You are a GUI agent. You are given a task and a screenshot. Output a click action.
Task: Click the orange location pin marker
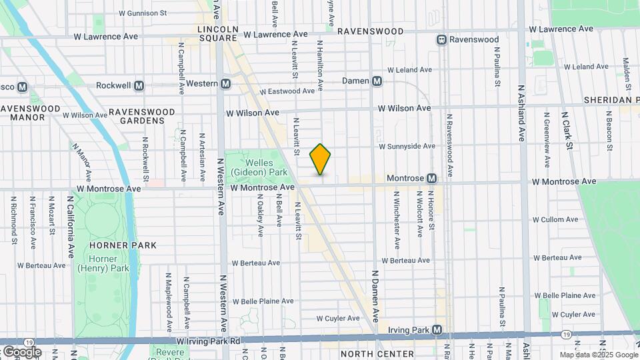(320, 159)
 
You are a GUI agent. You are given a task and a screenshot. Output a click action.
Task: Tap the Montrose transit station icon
(432, 179)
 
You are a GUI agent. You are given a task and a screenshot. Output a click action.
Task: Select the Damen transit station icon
(377, 81)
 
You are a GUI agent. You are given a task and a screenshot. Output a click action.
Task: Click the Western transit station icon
(226, 83)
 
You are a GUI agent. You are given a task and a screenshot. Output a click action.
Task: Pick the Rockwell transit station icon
(139, 85)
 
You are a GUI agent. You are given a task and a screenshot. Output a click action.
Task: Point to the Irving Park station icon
(437, 330)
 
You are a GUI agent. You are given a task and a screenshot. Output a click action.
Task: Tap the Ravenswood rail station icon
(441, 40)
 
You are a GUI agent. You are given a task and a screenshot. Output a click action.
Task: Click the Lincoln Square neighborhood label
(217, 33)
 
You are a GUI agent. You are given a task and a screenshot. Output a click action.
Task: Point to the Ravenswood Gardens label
(141, 116)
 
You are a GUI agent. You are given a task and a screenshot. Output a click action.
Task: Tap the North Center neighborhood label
(377, 354)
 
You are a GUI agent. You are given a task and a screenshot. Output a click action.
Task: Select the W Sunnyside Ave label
(407, 146)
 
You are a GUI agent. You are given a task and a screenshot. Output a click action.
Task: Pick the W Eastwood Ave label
(287, 91)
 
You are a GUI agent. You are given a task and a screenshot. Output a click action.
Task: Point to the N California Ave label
(70, 227)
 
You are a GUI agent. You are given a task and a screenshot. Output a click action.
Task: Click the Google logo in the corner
(21, 351)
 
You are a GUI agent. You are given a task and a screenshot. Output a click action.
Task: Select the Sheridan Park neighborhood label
(611, 99)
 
